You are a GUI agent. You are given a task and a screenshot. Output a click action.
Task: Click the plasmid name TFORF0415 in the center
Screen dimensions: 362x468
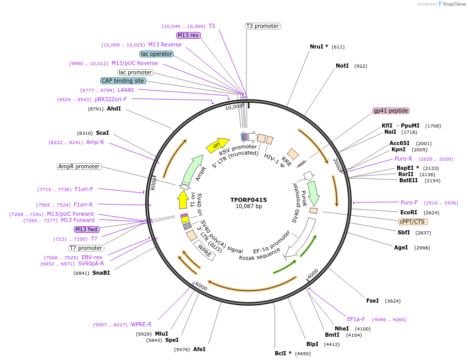click(x=248, y=200)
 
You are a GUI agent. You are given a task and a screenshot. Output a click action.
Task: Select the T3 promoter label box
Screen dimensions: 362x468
click(x=262, y=26)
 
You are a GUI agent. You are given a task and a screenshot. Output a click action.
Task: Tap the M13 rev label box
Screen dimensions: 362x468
click(x=188, y=35)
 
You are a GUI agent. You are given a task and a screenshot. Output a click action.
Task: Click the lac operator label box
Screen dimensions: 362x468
click(x=156, y=54)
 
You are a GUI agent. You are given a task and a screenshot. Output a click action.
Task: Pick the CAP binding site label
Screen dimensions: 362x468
click(x=123, y=81)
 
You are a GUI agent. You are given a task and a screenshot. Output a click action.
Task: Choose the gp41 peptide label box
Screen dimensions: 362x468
click(x=391, y=111)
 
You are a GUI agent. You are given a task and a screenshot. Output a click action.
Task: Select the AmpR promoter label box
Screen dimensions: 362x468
click(x=79, y=166)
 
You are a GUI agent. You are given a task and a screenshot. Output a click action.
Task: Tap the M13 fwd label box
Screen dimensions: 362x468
click(x=86, y=229)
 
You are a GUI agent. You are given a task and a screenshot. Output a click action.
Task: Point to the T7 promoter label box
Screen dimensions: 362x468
click(x=86, y=248)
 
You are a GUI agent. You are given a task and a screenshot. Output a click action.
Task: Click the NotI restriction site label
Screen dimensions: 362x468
click(x=342, y=66)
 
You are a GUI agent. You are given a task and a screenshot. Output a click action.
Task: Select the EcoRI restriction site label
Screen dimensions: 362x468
click(x=409, y=212)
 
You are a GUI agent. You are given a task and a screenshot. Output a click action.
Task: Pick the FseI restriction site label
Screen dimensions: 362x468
click(x=372, y=301)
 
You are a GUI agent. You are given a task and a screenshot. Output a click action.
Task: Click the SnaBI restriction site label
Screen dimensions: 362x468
click(x=101, y=273)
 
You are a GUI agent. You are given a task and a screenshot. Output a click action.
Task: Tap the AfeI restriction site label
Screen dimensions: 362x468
click(x=199, y=349)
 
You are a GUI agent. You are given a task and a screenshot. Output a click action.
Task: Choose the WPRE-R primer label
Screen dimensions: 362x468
click(x=141, y=324)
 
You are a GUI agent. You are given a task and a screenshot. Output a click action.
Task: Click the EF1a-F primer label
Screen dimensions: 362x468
click(x=356, y=319)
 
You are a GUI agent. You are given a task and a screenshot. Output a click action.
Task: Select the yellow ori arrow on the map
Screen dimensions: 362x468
click(x=217, y=146)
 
